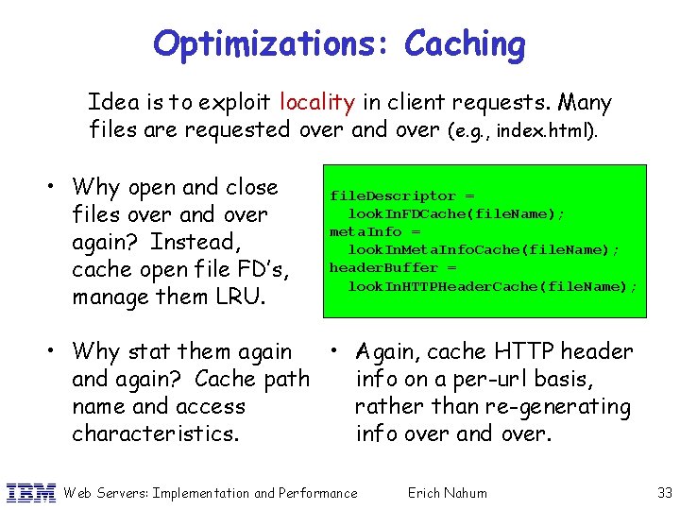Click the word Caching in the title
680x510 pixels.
[465, 44]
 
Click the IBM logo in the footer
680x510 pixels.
[30, 492]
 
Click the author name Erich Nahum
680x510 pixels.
[447, 492]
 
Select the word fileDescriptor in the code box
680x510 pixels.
[379, 195]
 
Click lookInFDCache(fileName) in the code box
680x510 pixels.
[456, 213]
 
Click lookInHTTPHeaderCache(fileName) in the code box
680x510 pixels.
[492, 285]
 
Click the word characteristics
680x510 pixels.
[157, 433]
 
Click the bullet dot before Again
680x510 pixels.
[335, 348]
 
